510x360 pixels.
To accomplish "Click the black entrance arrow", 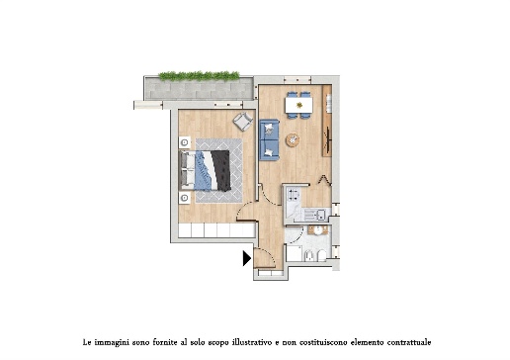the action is pos(247,258).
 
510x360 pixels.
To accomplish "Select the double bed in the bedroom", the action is pos(205,170).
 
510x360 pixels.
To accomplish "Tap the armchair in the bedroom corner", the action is pos(243,122).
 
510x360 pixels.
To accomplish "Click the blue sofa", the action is pos(269,139).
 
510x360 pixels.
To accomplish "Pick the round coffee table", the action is pos(293,139).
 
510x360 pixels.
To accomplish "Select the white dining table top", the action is pos(298,105).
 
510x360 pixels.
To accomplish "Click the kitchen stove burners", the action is pos(293,194).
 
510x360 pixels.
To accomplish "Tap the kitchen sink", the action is pos(314,215).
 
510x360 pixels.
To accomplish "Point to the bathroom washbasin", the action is pos(318,230).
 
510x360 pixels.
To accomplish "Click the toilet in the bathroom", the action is pos(322,255).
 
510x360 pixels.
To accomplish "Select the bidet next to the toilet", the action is pos(309,255).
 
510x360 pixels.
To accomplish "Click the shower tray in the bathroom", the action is pos(294,253).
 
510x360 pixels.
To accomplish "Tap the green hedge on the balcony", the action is pos(199,76).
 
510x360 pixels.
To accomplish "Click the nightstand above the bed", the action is pos(185,142).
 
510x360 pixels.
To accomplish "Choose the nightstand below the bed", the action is pos(185,198).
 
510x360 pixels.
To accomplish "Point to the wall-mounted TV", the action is pos(327,135).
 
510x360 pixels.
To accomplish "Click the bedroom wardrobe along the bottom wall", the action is pos(216,230).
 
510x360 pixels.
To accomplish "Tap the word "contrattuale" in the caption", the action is pos(409,342).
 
